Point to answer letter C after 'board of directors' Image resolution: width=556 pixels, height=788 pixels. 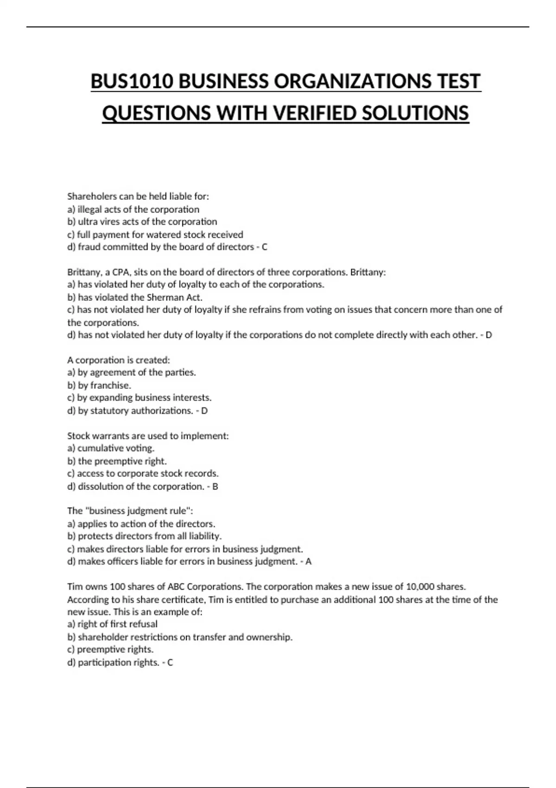(x=265, y=247)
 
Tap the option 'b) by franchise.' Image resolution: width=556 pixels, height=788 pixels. (x=99, y=385)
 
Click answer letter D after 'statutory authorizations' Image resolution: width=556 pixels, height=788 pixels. (x=204, y=411)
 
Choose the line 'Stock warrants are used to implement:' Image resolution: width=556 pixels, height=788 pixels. (x=148, y=436)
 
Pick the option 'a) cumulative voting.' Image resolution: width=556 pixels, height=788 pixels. (x=111, y=448)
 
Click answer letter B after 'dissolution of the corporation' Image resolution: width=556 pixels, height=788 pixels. (x=215, y=486)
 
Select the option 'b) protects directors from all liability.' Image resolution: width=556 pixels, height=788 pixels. (x=145, y=536)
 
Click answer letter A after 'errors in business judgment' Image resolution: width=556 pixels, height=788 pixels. (x=309, y=562)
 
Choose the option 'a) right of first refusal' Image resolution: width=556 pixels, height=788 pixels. (x=112, y=624)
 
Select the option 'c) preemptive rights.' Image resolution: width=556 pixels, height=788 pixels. (x=110, y=649)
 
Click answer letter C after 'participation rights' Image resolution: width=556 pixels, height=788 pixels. (x=170, y=662)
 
